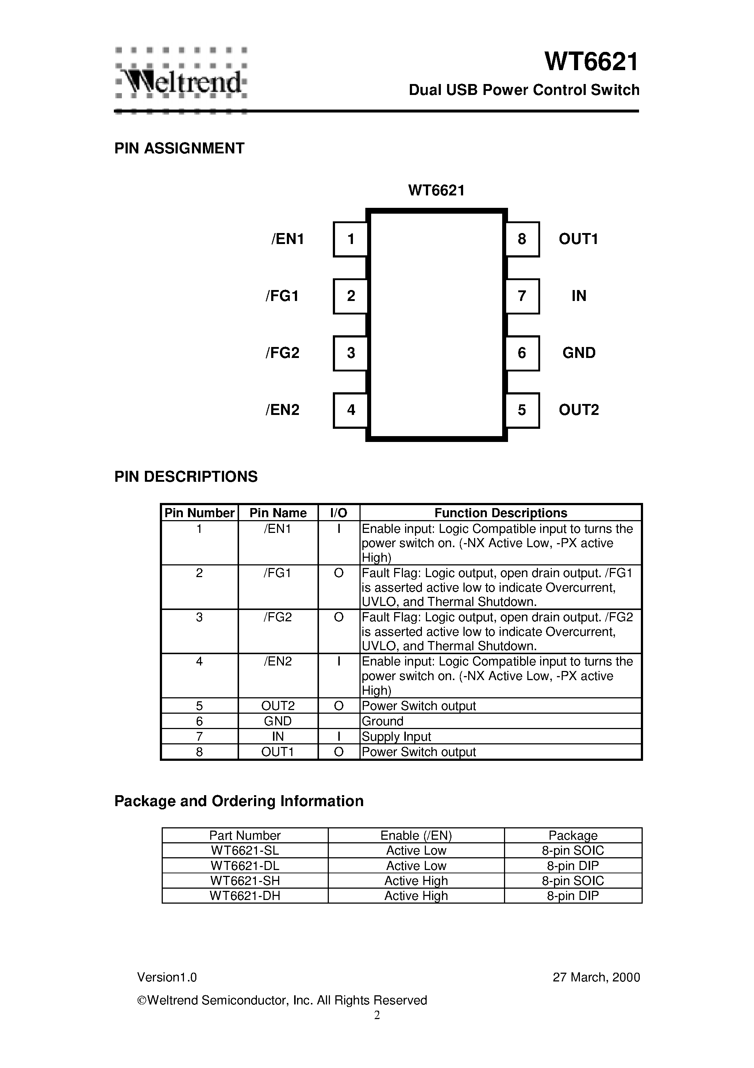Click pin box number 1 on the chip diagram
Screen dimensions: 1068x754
coord(350,239)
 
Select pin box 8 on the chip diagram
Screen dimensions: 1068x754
coord(522,239)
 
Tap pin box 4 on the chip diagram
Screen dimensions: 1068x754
coord(350,410)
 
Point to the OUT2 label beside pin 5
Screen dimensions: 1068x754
coord(579,410)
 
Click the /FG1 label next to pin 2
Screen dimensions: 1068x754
coord(282,296)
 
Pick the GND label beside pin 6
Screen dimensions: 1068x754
coord(579,352)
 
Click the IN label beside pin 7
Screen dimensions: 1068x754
coord(579,296)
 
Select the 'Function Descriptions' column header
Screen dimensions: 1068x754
coord(501,512)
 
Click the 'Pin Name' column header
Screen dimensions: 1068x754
coord(278,512)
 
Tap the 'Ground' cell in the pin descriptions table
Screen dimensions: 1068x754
coord(382,721)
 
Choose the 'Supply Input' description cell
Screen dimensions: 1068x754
coord(396,736)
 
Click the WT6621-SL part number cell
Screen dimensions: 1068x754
coord(245,850)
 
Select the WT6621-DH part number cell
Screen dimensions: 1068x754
coord(245,896)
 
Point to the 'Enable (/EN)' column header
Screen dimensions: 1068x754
coord(416,835)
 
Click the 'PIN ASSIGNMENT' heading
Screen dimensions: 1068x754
coord(180,148)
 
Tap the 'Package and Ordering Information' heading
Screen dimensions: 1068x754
coord(239,801)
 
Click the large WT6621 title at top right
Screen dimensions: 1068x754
coord(592,62)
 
